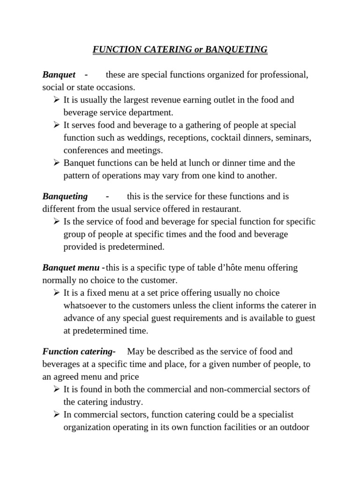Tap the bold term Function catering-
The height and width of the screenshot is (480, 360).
tap(79, 351)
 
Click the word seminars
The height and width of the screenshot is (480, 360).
tap(293, 138)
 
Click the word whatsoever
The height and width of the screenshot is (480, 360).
tap(85, 306)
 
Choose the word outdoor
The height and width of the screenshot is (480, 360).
tap(295, 427)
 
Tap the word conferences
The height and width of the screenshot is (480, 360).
tap(85, 150)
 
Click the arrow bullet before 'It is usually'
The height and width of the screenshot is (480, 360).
tap(56, 100)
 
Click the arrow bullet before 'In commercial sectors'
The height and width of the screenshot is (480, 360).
tap(56, 414)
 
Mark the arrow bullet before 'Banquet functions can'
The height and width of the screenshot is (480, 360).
tap(56, 163)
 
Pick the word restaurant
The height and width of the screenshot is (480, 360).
tap(223, 209)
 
